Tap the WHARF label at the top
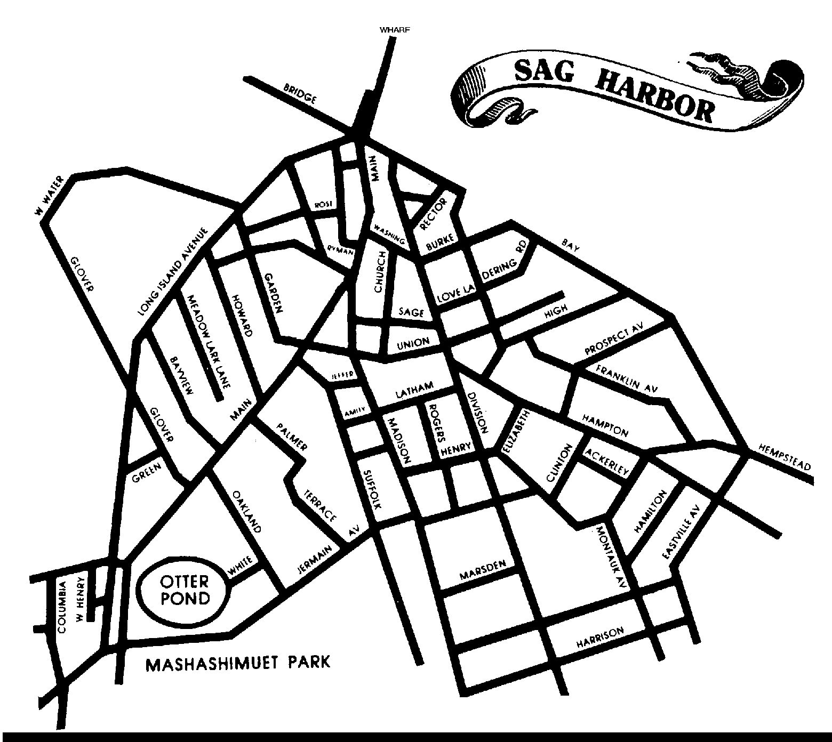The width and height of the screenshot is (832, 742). point(395,30)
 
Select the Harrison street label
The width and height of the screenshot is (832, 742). point(600,639)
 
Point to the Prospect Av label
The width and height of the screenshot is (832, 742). point(614,340)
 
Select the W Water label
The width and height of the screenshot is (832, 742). point(50,197)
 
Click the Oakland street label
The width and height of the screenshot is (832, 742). point(247,511)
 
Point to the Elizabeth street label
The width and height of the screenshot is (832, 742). point(514,432)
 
